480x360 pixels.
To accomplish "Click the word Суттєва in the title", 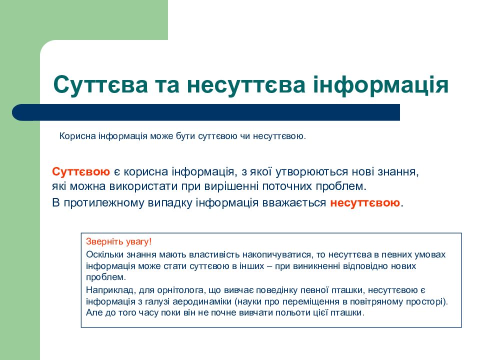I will tap(100, 85).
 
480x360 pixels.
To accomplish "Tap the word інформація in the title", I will tap(381, 85).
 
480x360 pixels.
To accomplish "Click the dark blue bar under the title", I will tap(210, 112).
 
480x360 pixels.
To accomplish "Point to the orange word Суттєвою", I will tap(81, 172).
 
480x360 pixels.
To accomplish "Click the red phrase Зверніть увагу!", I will tap(118, 241).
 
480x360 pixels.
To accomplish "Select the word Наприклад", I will tap(105, 290).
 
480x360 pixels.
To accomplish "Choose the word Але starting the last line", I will tap(93, 313).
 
